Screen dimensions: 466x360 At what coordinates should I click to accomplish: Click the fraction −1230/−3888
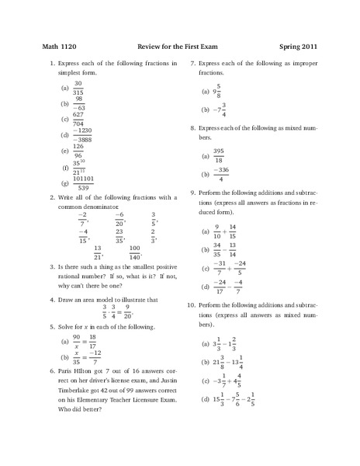(81, 134)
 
